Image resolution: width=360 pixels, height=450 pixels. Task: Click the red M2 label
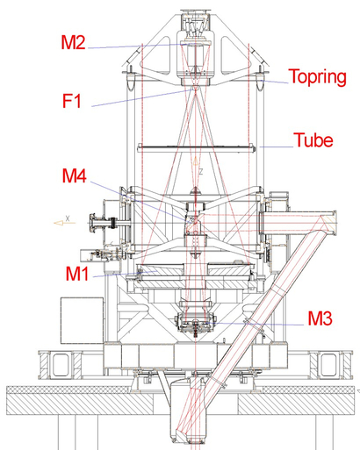coord(73,42)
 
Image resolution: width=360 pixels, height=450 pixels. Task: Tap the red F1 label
coord(72,101)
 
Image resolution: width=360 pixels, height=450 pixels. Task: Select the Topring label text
coord(318,78)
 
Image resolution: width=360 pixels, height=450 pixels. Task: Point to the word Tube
coord(313,139)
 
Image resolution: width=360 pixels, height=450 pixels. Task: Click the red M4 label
coord(75,176)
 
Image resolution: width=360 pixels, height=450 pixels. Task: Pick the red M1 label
coord(76,274)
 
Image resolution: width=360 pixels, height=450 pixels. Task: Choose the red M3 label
coord(320,318)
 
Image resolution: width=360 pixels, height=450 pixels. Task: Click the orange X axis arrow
coord(65,223)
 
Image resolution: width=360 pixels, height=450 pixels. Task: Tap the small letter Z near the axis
coord(201,171)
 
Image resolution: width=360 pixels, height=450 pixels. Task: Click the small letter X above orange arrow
coord(68,218)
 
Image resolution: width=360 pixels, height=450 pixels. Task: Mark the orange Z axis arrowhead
coord(195,161)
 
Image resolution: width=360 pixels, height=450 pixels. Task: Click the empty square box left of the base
coord(82,320)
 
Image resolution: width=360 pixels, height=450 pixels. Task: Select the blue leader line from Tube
coord(276,146)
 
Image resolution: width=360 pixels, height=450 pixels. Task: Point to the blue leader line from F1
coord(142,97)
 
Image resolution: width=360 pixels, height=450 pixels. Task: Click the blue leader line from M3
coord(254,324)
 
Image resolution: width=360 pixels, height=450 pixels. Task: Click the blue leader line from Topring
coord(274,82)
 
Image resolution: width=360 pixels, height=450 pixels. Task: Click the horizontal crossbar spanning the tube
coord(195,147)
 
